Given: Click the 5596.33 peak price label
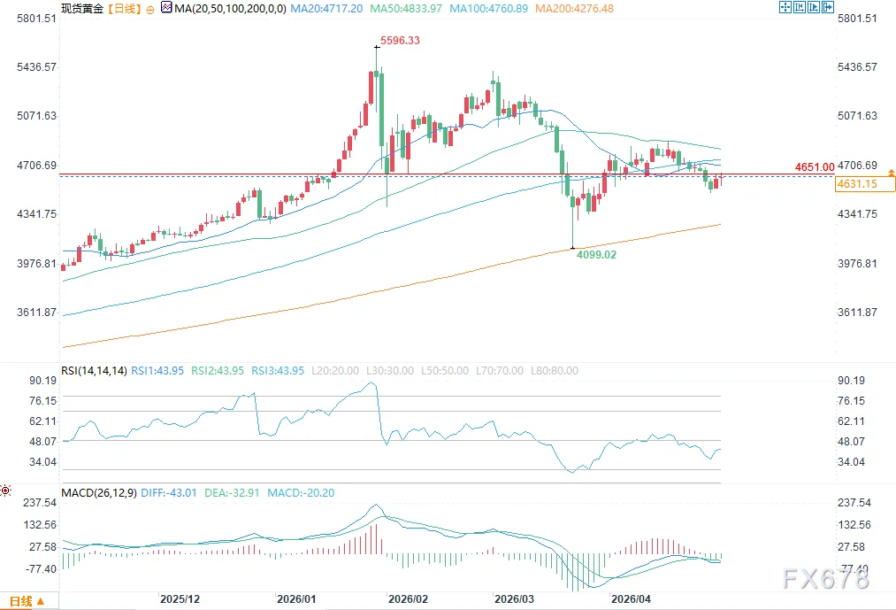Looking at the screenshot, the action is (400, 41).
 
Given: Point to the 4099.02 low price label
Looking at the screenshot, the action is (596, 255).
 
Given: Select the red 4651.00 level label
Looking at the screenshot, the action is (815, 167).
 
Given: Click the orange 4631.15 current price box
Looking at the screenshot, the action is (857, 183).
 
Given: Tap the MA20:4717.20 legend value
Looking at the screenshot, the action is (326, 9).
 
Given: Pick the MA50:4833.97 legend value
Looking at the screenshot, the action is (406, 9).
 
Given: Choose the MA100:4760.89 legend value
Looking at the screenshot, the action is (488, 9).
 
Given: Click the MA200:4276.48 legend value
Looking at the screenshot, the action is (574, 9).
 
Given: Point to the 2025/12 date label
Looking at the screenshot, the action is (180, 599).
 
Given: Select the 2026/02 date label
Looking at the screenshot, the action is (408, 599).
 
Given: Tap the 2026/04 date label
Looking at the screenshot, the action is (631, 599).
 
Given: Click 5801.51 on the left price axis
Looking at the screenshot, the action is (37, 19).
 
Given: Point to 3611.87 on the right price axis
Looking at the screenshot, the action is (857, 313).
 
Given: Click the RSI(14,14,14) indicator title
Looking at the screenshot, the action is (95, 371).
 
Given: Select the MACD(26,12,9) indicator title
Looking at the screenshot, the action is (99, 492).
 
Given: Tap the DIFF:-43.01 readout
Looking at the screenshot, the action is (169, 492).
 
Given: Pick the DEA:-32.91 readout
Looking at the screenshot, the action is (232, 492).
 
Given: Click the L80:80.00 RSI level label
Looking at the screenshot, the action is (555, 371).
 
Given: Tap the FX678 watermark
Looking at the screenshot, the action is (826, 579).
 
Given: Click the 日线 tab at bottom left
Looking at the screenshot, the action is (27, 601).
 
